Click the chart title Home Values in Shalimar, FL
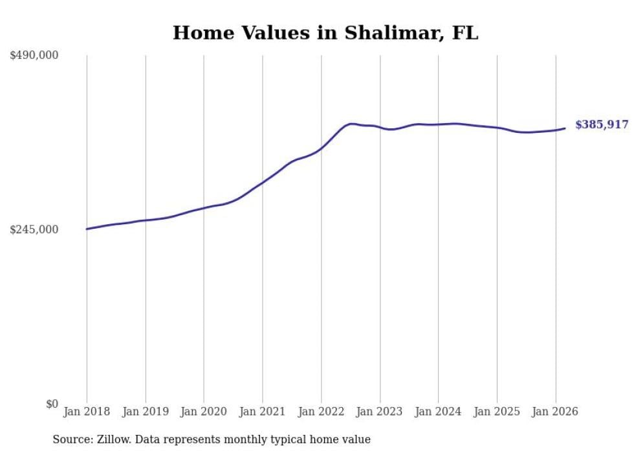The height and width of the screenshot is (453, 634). point(325,33)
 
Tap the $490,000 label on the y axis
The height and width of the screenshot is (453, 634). point(34,56)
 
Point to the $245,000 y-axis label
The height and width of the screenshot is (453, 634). point(34,229)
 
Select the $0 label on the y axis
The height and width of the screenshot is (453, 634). point(52,404)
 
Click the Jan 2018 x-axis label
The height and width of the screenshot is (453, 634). point(87,412)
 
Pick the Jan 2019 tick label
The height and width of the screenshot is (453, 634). point(146,412)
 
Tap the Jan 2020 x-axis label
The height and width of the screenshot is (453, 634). point(204,412)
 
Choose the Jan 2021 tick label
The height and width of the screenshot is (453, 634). point(263,412)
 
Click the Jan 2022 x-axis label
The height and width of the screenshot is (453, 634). point(321,412)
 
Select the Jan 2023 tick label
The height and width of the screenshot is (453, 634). point(380,412)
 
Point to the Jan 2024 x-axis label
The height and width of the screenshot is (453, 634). point(438,412)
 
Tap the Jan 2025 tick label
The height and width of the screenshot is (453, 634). point(497,412)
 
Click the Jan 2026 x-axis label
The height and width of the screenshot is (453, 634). point(555,412)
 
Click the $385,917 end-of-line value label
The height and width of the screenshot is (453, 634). point(602,125)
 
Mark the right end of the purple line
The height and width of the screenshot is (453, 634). point(565,128)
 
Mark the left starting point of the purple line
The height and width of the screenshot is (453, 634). point(87,229)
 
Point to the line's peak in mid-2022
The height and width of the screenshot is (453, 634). point(351,124)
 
